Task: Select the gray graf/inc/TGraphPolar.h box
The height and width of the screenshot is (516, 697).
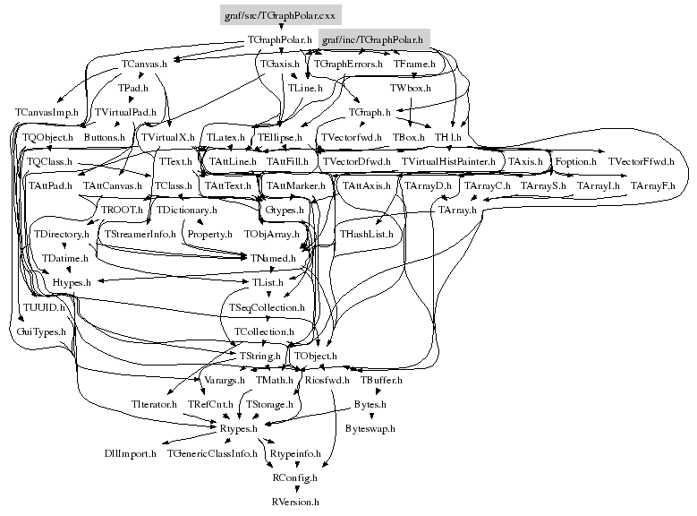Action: click(372, 40)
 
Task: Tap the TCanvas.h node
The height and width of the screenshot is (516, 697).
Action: click(145, 64)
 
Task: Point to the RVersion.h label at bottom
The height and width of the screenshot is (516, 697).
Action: click(295, 503)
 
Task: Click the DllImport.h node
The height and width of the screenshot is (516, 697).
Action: click(131, 453)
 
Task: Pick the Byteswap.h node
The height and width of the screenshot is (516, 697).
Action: click(370, 428)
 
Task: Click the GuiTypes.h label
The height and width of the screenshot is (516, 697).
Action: click(42, 331)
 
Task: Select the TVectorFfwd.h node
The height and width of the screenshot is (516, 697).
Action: click(641, 161)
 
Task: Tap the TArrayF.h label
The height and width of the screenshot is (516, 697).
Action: click(653, 185)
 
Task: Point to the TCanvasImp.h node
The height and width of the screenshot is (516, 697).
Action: click(47, 112)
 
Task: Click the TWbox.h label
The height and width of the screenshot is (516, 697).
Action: click(411, 89)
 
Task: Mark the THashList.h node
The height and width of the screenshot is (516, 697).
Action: click(367, 233)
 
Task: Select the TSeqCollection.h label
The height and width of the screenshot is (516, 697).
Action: click(268, 307)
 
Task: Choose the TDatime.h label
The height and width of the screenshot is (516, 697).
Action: click(65, 258)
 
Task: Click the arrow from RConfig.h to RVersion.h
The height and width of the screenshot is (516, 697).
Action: click(294, 490)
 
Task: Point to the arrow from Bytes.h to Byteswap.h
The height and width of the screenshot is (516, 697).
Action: click(370, 417)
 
